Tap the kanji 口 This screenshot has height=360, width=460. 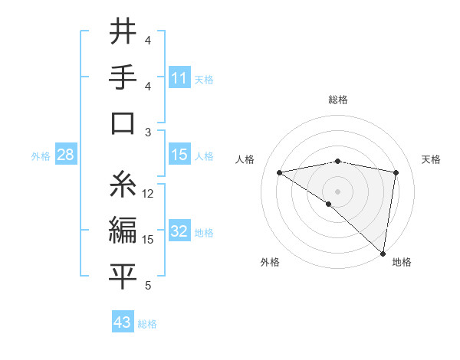(x=123, y=123)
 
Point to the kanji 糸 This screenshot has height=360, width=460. (x=123, y=184)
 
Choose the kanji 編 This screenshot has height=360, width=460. (x=123, y=230)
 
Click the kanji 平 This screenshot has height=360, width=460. (x=123, y=277)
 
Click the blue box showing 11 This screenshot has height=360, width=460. (x=179, y=77)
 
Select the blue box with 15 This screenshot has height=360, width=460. (x=179, y=155)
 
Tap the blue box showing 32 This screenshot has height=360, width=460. (x=179, y=231)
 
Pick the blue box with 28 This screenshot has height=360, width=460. (x=66, y=155)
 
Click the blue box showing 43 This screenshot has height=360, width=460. (x=123, y=322)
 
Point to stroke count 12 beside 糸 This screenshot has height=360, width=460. (x=149, y=194)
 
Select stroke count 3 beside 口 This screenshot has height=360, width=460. (x=149, y=133)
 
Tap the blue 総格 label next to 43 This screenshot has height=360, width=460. (x=148, y=324)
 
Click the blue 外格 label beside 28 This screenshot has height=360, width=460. (x=41, y=156)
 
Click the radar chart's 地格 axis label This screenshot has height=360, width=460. (x=402, y=263)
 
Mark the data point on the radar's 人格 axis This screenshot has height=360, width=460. (x=280, y=172)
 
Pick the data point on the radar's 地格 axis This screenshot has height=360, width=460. (x=383, y=253)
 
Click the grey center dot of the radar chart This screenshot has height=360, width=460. (x=337, y=190)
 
